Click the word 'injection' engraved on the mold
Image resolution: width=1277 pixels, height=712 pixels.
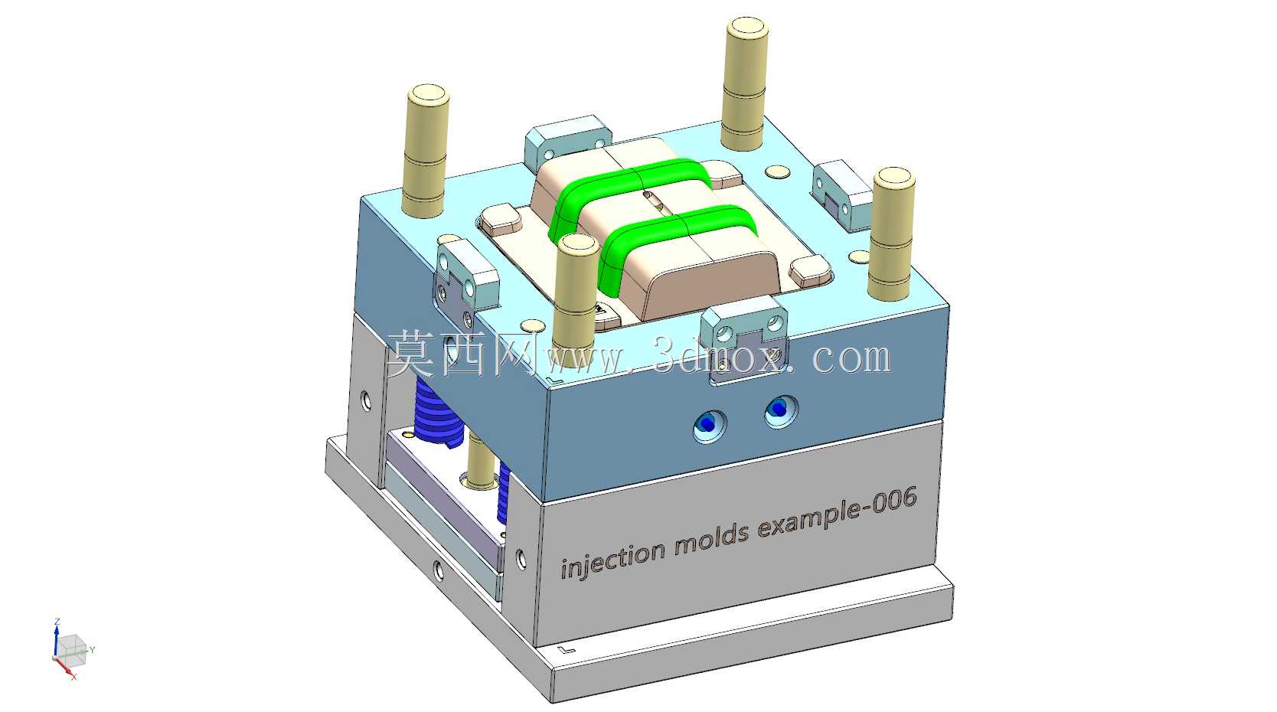[x=612, y=559]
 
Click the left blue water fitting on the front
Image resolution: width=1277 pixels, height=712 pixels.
[x=709, y=425]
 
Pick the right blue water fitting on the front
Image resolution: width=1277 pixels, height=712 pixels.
[x=780, y=410]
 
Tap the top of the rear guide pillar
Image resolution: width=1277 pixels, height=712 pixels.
[x=746, y=28]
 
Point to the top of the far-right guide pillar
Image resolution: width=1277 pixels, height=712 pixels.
[x=894, y=178]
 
